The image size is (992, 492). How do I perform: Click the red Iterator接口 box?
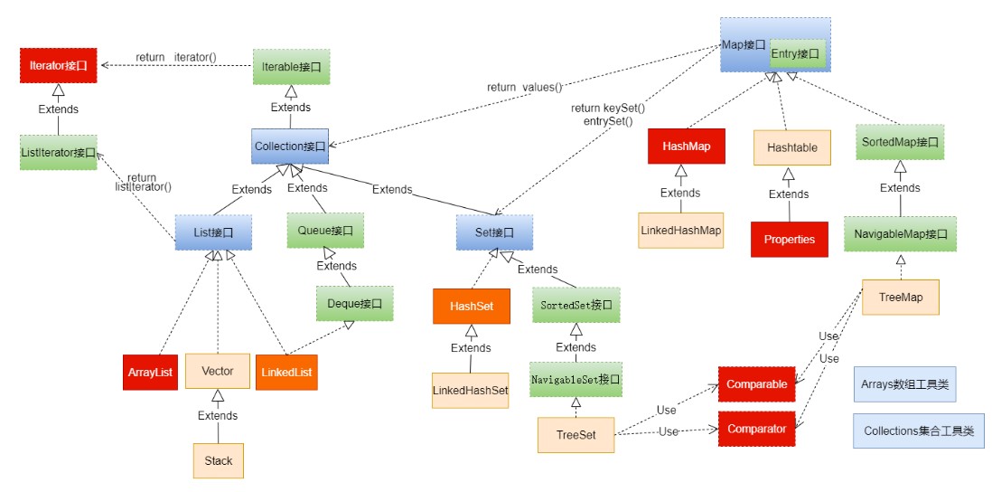pos(59,65)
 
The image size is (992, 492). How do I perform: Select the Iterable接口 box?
pos(291,66)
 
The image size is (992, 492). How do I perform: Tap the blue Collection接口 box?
pos(289,146)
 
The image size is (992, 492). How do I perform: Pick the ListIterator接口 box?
pos(59,151)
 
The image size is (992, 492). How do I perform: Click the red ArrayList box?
pos(149,372)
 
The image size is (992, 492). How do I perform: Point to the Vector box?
pos(217,371)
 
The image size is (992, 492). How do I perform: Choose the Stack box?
pos(218,460)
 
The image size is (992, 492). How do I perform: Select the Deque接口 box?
pos(355,303)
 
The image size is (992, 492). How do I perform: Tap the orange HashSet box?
pos(471,307)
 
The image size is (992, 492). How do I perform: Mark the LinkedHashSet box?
pos(471,390)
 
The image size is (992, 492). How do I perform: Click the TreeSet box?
pos(576,435)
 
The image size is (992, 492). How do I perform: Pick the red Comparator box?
pos(756,428)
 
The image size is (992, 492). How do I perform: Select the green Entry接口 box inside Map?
pos(795,55)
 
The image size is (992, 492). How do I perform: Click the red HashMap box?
pos(687,146)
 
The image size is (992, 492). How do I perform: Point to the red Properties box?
pos(789,240)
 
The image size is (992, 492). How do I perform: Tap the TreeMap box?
pos(901,297)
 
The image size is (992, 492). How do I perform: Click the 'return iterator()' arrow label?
pos(176,58)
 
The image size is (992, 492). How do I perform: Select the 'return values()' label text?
pos(524,88)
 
